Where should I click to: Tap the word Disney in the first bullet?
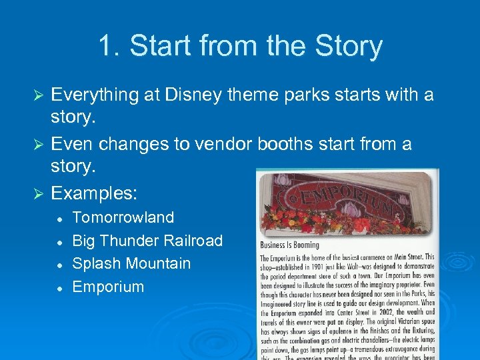click(199, 95)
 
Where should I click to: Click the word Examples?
click(94, 193)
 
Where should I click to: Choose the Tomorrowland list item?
click(123, 217)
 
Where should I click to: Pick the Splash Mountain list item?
click(131, 263)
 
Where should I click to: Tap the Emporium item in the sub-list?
click(108, 287)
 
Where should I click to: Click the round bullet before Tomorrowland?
click(61, 218)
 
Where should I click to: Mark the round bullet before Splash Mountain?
click(61, 264)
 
